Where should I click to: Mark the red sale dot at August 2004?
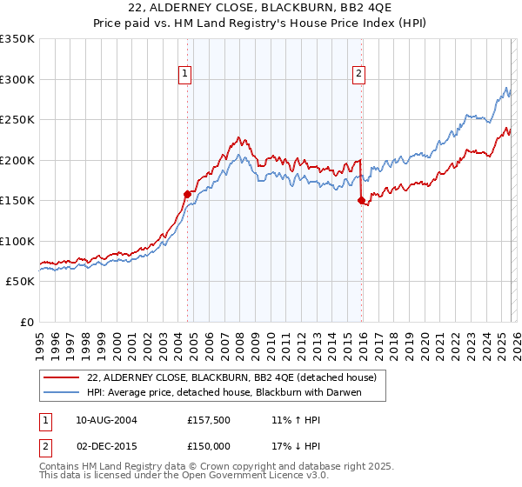pos(187,195)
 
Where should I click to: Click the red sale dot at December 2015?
pos(361,201)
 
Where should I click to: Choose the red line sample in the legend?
pos(63,377)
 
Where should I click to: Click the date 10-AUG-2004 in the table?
pos(106,420)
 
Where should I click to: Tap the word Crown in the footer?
pos(225,467)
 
